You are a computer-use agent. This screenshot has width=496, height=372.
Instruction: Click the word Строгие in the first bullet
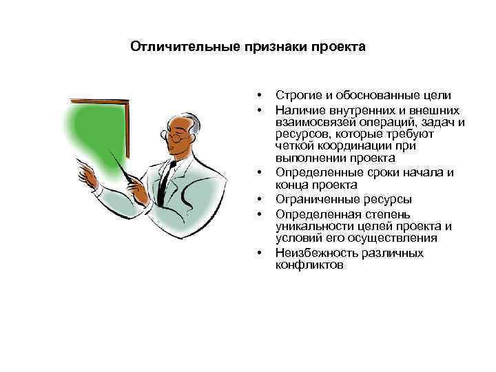(296, 96)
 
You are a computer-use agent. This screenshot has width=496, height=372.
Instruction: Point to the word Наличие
(298, 109)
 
